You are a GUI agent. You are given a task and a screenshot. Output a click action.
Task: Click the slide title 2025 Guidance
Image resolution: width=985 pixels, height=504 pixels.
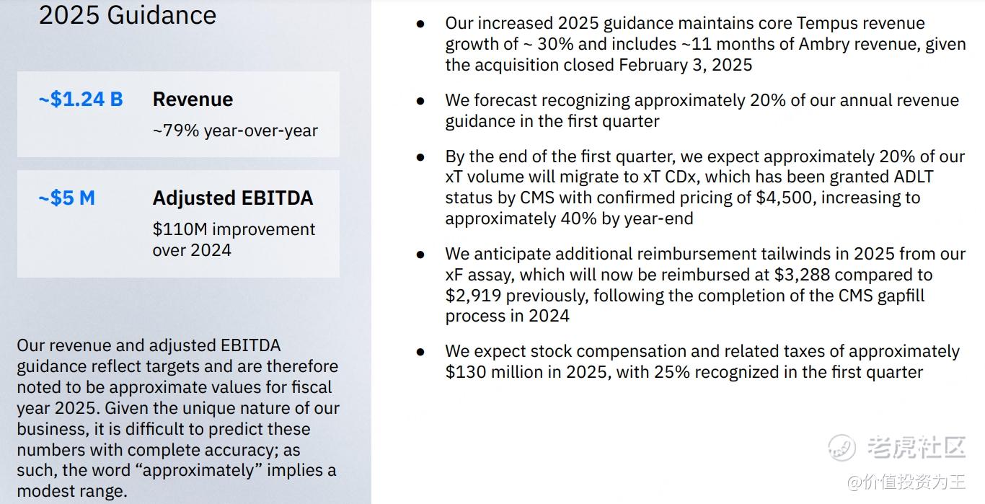[127, 15]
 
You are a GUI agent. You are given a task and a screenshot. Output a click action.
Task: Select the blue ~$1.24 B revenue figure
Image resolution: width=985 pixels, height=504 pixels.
[81, 99]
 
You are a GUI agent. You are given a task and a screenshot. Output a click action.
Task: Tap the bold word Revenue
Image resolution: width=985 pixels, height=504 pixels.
[193, 99]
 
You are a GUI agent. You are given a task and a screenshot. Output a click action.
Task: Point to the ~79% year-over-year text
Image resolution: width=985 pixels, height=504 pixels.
[235, 131]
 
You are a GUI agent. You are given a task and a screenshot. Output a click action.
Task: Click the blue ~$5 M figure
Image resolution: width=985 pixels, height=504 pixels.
[66, 198]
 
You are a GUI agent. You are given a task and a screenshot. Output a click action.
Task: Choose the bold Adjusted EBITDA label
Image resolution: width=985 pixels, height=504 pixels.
[232, 198]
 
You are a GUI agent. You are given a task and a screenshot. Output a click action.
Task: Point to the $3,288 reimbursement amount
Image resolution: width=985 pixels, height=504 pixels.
[801, 275]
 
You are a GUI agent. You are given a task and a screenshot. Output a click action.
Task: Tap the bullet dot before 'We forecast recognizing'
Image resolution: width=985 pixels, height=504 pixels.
[420, 101]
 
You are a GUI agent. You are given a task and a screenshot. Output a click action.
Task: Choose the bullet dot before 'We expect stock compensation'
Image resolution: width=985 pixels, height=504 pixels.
[420, 352]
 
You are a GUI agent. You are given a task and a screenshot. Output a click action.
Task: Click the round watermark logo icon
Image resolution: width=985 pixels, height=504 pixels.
[842, 448]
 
